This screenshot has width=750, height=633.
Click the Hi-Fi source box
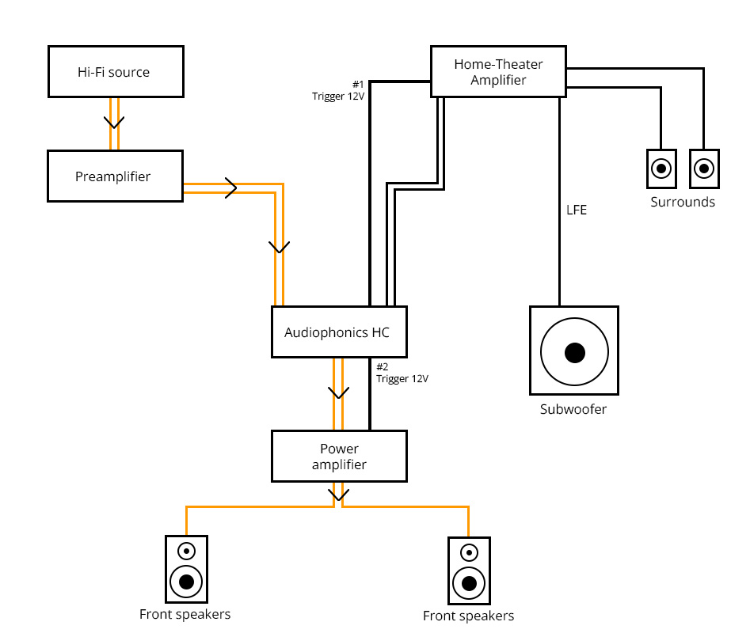coord(116,72)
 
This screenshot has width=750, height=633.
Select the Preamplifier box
coord(116,176)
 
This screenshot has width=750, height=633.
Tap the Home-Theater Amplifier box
coord(498,72)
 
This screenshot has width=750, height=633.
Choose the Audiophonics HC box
coord(339,332)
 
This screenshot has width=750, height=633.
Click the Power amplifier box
coord(339,457)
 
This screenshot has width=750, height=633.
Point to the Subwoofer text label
coord(573,410)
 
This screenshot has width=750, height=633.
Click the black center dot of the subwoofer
coord(574,352)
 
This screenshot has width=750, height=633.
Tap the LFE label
coord(577,210)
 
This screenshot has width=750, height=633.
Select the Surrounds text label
coord(683,202)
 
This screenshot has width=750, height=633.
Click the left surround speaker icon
coord(661,169)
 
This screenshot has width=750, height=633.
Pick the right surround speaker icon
coord(704,169)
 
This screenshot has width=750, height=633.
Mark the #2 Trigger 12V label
coord(402,373)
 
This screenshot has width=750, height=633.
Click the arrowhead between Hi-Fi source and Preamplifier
coord(115,123)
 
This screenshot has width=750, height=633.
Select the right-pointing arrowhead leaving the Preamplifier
coord(231,188)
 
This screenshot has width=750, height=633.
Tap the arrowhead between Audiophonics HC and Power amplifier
coord(339,392)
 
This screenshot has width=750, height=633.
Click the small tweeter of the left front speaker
coord(186,551)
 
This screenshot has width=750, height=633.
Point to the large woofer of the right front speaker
coord(469,584)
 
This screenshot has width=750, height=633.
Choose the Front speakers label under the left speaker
coord(185,614)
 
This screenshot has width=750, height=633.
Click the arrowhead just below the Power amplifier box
coord(339,496)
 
